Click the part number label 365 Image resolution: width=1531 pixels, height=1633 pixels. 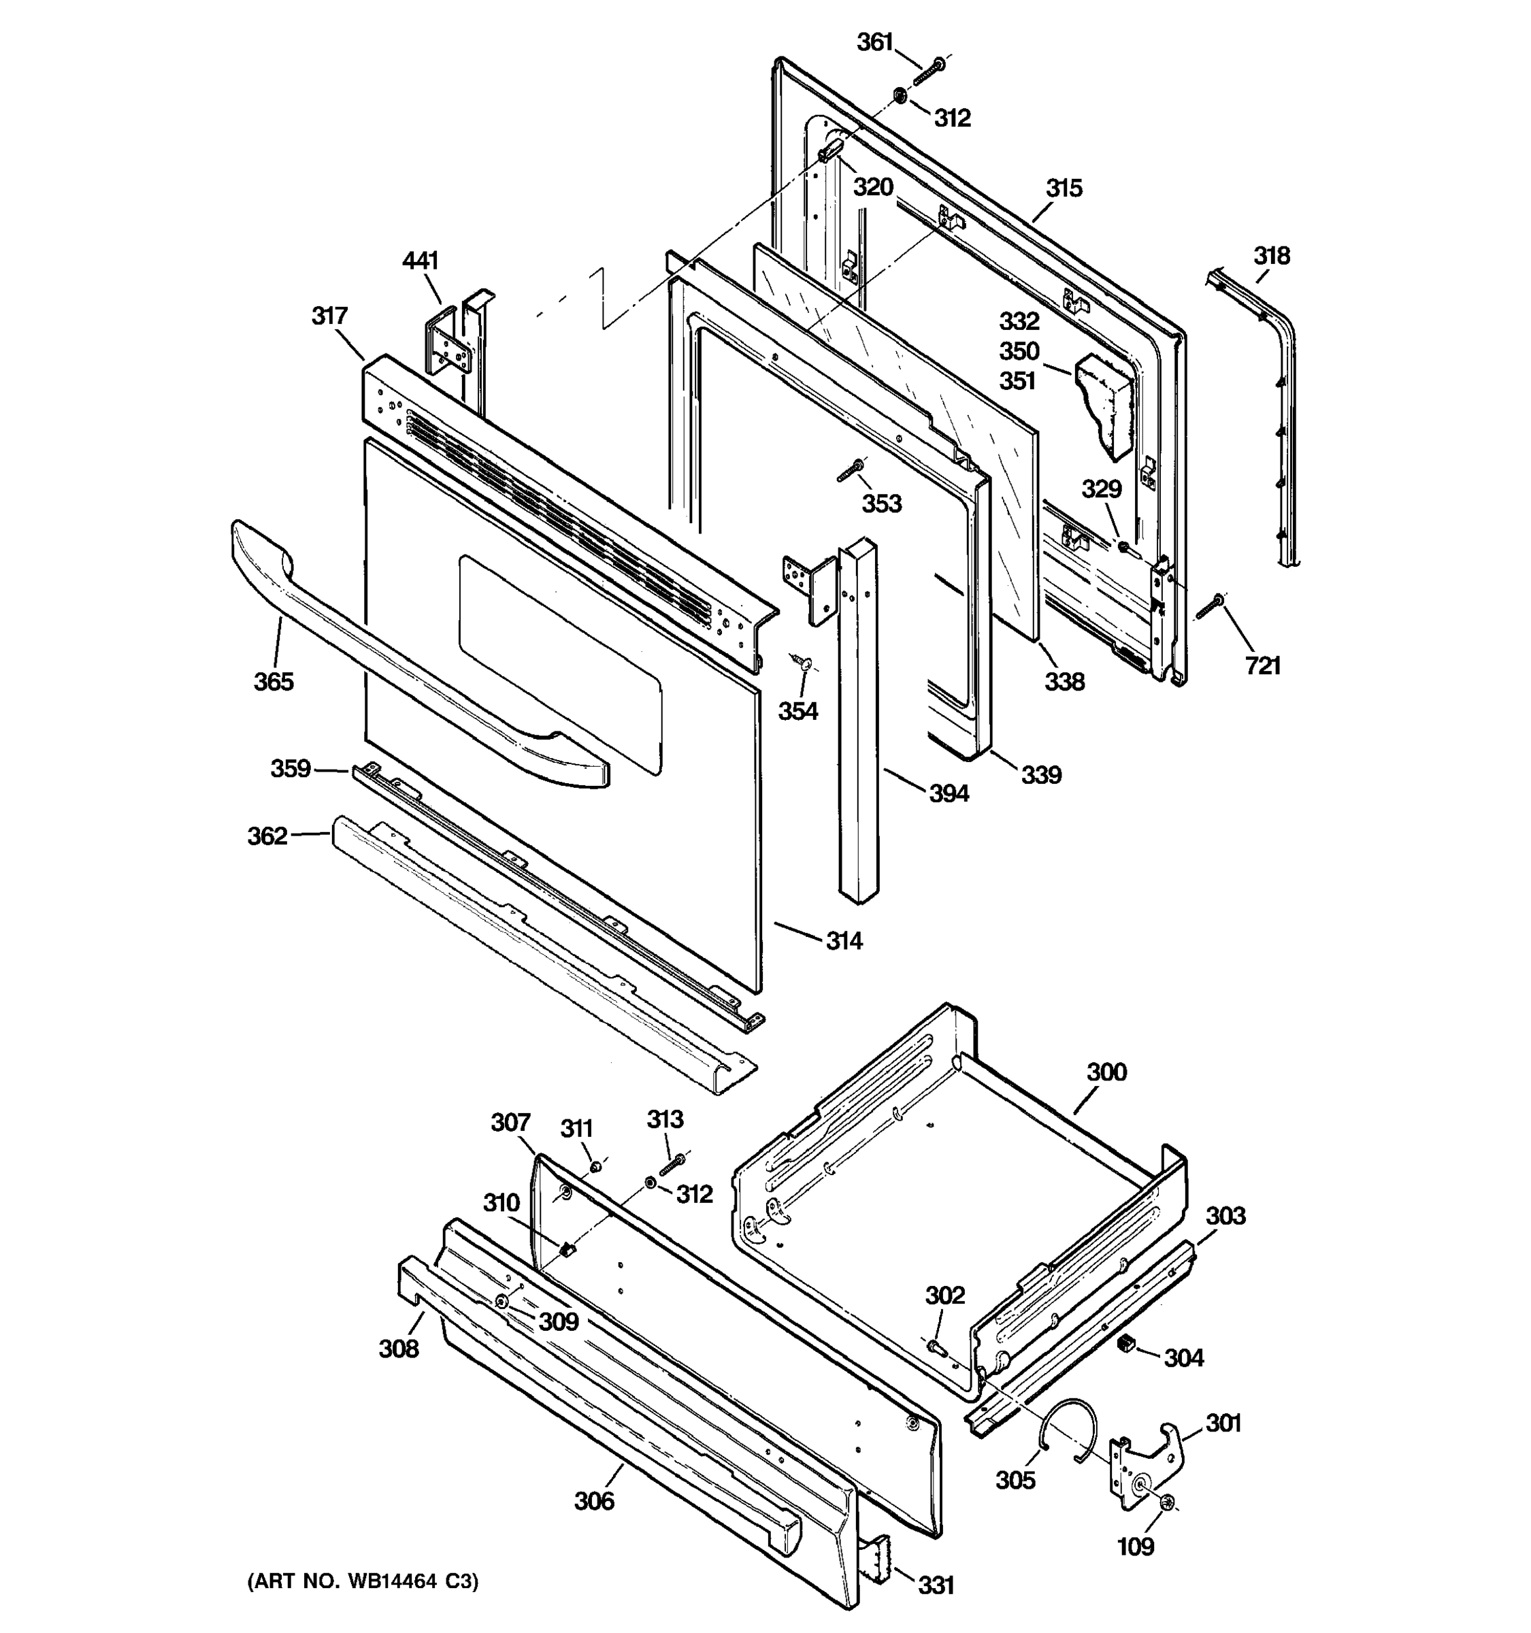(273, 681)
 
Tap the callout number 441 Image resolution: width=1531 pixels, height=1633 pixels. (420, 261)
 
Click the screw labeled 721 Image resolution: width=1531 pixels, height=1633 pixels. (1209, 609)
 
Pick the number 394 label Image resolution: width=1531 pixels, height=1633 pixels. (949, 793)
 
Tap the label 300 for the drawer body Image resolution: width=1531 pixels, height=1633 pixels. (1106, 1072)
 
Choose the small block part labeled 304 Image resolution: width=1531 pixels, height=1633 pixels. (1127, 1343)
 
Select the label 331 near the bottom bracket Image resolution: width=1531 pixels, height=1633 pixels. (936, 1585)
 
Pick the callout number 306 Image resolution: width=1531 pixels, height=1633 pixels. (594, 1501)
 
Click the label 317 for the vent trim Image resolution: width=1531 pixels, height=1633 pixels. (329, 316)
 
